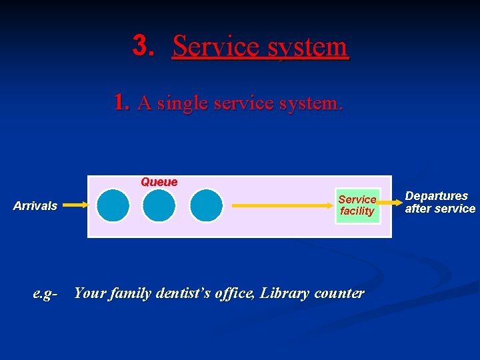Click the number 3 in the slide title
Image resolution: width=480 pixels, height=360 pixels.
(x=142, y=45)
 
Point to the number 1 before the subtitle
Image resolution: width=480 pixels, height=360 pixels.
(x=120, y=102)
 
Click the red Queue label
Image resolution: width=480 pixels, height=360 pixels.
(x=159, y=182)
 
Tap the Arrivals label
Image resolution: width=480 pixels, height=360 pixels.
(x=35, y=206)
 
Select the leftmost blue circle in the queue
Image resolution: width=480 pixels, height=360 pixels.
(x=113, y=205)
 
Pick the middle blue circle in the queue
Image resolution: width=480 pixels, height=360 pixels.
(x=159, y=205)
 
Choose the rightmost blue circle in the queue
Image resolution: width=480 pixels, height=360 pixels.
(x=206, y=205)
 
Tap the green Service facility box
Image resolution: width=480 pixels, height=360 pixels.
(x=357, y=205)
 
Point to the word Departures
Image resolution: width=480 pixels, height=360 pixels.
(x=437, y=196)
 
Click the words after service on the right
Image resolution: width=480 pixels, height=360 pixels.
(x=440, y=209)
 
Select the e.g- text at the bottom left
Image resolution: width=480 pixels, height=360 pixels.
(x=45, y=293)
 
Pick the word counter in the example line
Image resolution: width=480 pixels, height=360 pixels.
(x=339, y=293)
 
